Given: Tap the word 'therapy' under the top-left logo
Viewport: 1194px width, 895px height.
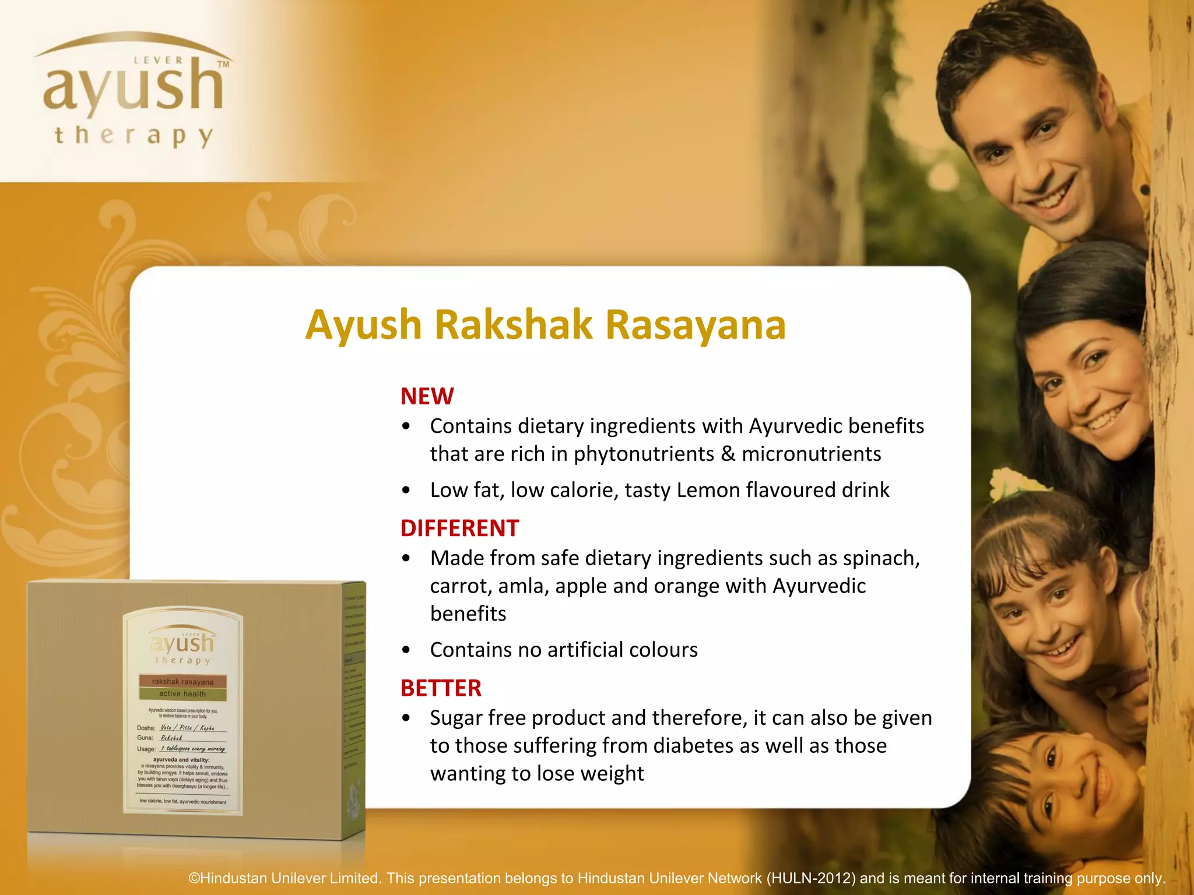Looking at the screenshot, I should click(133, 136).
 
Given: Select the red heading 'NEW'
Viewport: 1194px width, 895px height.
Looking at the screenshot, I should click(427, 396).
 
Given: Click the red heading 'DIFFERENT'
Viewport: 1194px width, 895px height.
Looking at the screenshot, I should click(459, 528).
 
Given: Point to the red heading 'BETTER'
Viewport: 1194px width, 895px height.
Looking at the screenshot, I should click(441, 688).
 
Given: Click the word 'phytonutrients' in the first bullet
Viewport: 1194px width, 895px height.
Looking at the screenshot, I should click(644, 454).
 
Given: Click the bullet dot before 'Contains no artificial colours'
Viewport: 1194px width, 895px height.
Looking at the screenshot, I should click(406, 650).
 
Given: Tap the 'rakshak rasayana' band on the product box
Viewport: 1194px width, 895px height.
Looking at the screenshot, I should click(182, 681).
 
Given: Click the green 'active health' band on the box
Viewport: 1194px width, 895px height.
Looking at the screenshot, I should click(182, 693).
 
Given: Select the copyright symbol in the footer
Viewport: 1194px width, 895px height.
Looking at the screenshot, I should click(194, 879).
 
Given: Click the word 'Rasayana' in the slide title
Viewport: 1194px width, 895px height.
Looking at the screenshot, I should click(696, 325).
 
